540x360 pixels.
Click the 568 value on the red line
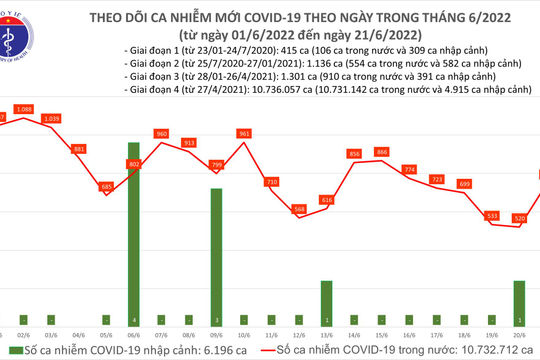pos(299,208)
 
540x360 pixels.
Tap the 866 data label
pos(381,151)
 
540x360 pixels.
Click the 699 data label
pos(464,183)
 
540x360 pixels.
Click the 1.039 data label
pos(52,119)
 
